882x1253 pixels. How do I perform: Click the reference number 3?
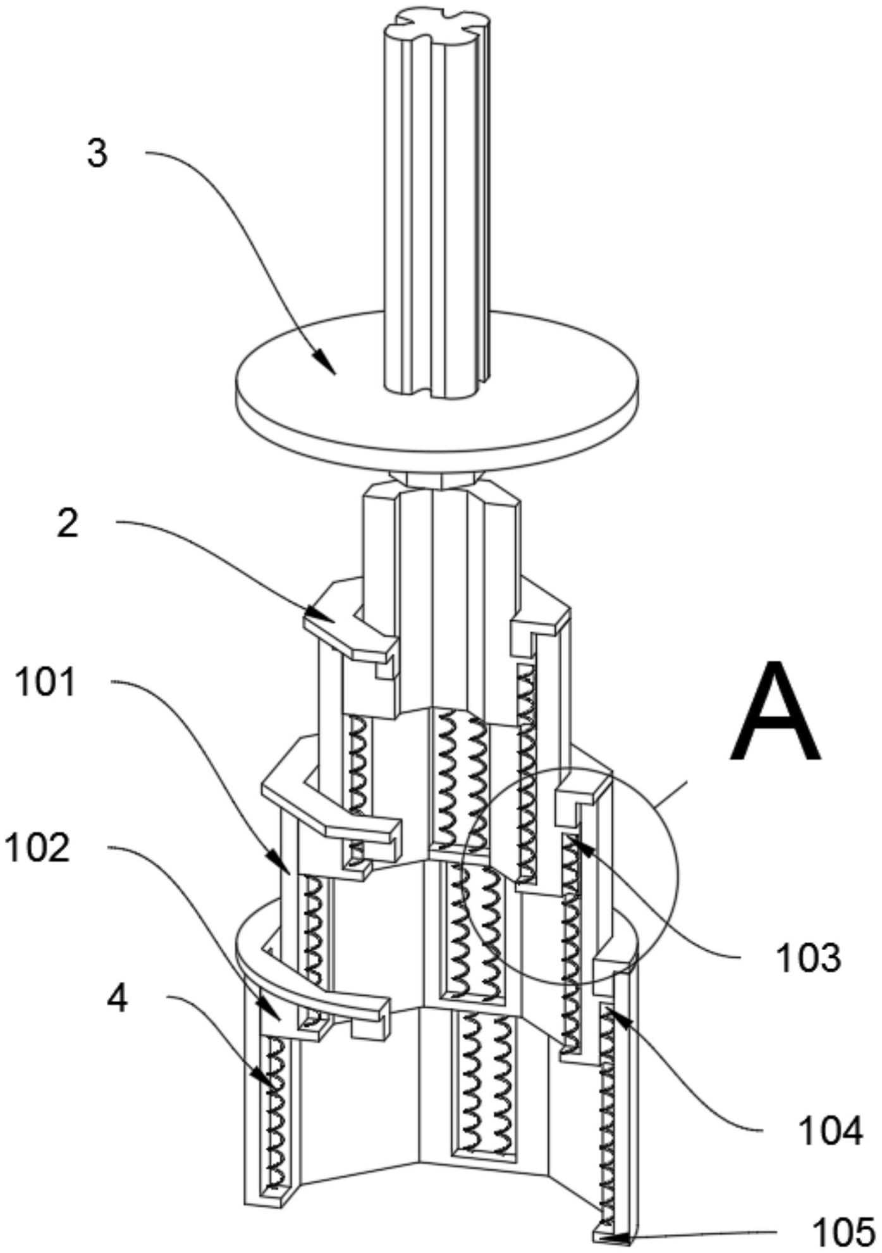(x=97, y=154)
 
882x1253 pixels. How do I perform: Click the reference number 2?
(x=68, y=524)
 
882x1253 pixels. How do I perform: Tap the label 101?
(x=45, y=683)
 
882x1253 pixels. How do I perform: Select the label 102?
(x=37, y=848)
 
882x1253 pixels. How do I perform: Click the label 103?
(x=809, y=958)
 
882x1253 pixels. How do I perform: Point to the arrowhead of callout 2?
(x=315, y=614)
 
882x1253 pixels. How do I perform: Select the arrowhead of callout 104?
(x=611, y=1016)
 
